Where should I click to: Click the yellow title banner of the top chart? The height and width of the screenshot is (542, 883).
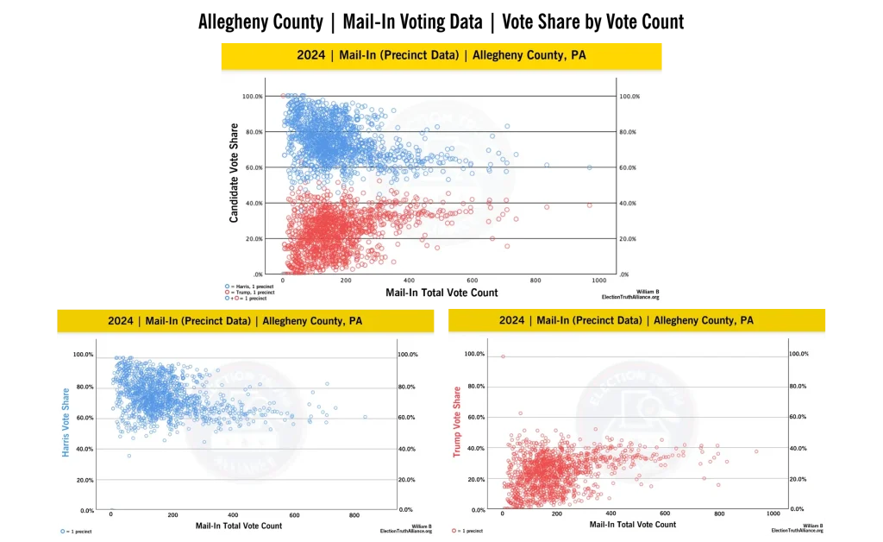click(x=441, y=55)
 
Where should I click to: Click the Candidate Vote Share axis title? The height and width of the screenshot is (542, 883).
click(x=235, y=173)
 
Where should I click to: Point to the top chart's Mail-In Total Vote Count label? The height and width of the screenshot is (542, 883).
click(x=441, y=293)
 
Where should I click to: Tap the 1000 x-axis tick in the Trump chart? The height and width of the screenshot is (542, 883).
click(x=773, y=514)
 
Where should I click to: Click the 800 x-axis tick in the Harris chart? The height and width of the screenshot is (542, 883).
click(x=355, y=515)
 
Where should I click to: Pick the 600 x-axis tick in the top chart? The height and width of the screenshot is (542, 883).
click(x=471, y=280)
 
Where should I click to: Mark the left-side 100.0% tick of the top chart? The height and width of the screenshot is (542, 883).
click(x=253, y=96)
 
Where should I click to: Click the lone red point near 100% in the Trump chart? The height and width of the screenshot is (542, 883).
click(x=503, y=356)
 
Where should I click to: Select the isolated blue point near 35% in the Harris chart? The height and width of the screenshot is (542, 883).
click(x=129, y=456)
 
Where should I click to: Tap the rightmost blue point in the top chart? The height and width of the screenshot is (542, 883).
click(x=590, y=167)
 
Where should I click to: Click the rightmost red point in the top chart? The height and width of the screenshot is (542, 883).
click(x=590, y=205)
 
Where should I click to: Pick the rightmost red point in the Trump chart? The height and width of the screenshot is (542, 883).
click(x=756, y=451)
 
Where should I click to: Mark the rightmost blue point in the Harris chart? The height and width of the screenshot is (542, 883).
click(x=365, y=417)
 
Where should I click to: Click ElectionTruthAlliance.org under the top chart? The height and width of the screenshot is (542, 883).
click(x=630, y=297)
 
